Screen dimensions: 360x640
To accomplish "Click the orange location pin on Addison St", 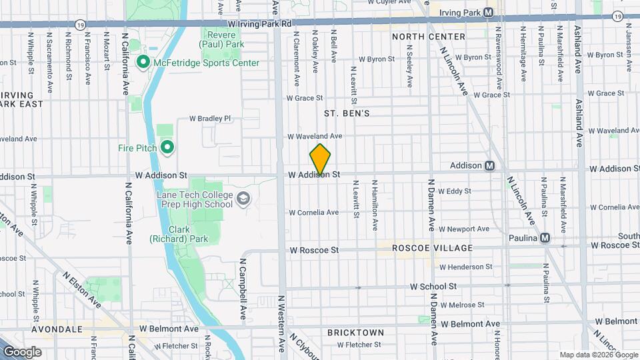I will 321,160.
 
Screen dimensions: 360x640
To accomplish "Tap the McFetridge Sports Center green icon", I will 143,63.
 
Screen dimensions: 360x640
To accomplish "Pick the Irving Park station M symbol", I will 489,13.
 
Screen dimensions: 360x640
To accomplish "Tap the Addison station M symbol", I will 489,165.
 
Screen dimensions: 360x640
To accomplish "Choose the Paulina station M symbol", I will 545,238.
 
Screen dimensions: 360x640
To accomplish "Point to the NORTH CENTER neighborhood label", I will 428,36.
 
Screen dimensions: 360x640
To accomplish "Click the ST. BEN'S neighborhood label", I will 347,114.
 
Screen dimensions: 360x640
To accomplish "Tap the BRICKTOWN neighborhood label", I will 355,332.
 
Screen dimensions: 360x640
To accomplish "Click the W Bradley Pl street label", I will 210,119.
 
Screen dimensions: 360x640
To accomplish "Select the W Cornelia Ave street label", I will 313,213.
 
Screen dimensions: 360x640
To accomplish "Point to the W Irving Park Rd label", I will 259,23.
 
